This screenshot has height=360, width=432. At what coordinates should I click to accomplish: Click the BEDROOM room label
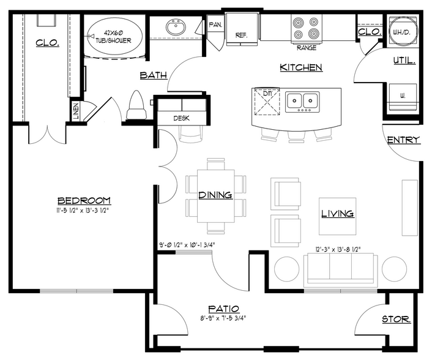84,201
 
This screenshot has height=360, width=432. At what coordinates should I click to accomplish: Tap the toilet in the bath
136,105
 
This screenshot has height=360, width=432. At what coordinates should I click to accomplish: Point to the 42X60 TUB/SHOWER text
114,37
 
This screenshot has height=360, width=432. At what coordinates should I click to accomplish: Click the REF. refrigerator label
241,36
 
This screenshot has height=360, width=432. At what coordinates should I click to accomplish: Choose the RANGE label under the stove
307,48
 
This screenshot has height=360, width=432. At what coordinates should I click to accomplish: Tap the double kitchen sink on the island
302,102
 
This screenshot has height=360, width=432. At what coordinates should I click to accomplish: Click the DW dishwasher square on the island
267,102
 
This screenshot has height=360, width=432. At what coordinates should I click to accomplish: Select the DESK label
181,118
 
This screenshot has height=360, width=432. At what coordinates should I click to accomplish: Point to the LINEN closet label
76,111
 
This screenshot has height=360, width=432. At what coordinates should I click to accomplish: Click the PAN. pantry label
215,25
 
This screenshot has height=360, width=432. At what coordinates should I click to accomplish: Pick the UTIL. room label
404,61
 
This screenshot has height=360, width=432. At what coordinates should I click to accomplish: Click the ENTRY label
404,140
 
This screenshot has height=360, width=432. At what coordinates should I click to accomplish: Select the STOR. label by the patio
396,319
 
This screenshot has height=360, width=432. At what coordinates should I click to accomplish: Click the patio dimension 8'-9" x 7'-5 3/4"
223,318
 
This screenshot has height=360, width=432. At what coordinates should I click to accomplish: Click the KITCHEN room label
301,67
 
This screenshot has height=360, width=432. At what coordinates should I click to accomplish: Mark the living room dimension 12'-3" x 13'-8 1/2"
338,249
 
